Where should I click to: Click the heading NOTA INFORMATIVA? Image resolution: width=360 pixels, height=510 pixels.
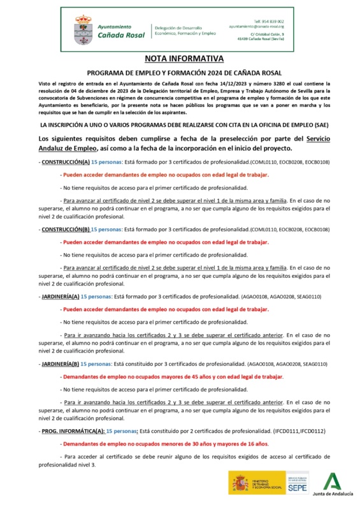[180, 59]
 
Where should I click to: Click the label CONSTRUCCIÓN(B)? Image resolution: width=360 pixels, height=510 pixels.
[66, 228]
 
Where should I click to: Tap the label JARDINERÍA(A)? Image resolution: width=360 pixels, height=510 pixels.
[61, 296]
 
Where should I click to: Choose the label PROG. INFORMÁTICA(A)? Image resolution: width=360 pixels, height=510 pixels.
[72, 431]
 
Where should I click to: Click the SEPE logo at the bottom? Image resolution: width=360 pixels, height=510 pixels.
[296, 486]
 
